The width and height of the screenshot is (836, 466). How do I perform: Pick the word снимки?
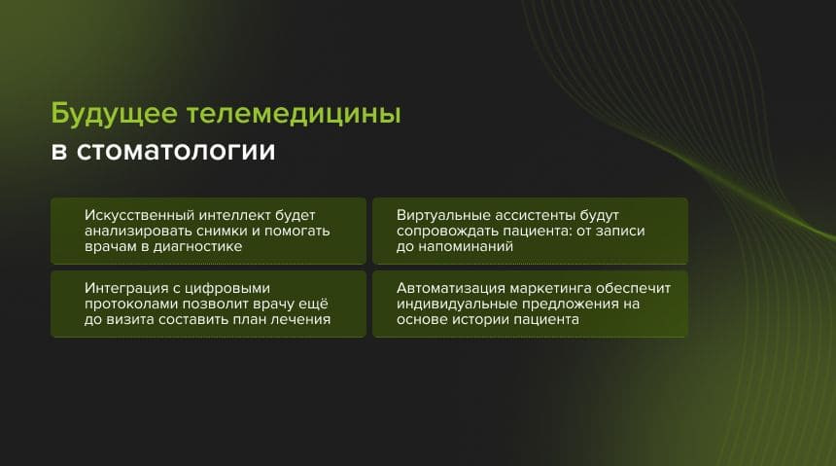[210, 231]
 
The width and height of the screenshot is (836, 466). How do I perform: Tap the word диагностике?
[194, 247]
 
